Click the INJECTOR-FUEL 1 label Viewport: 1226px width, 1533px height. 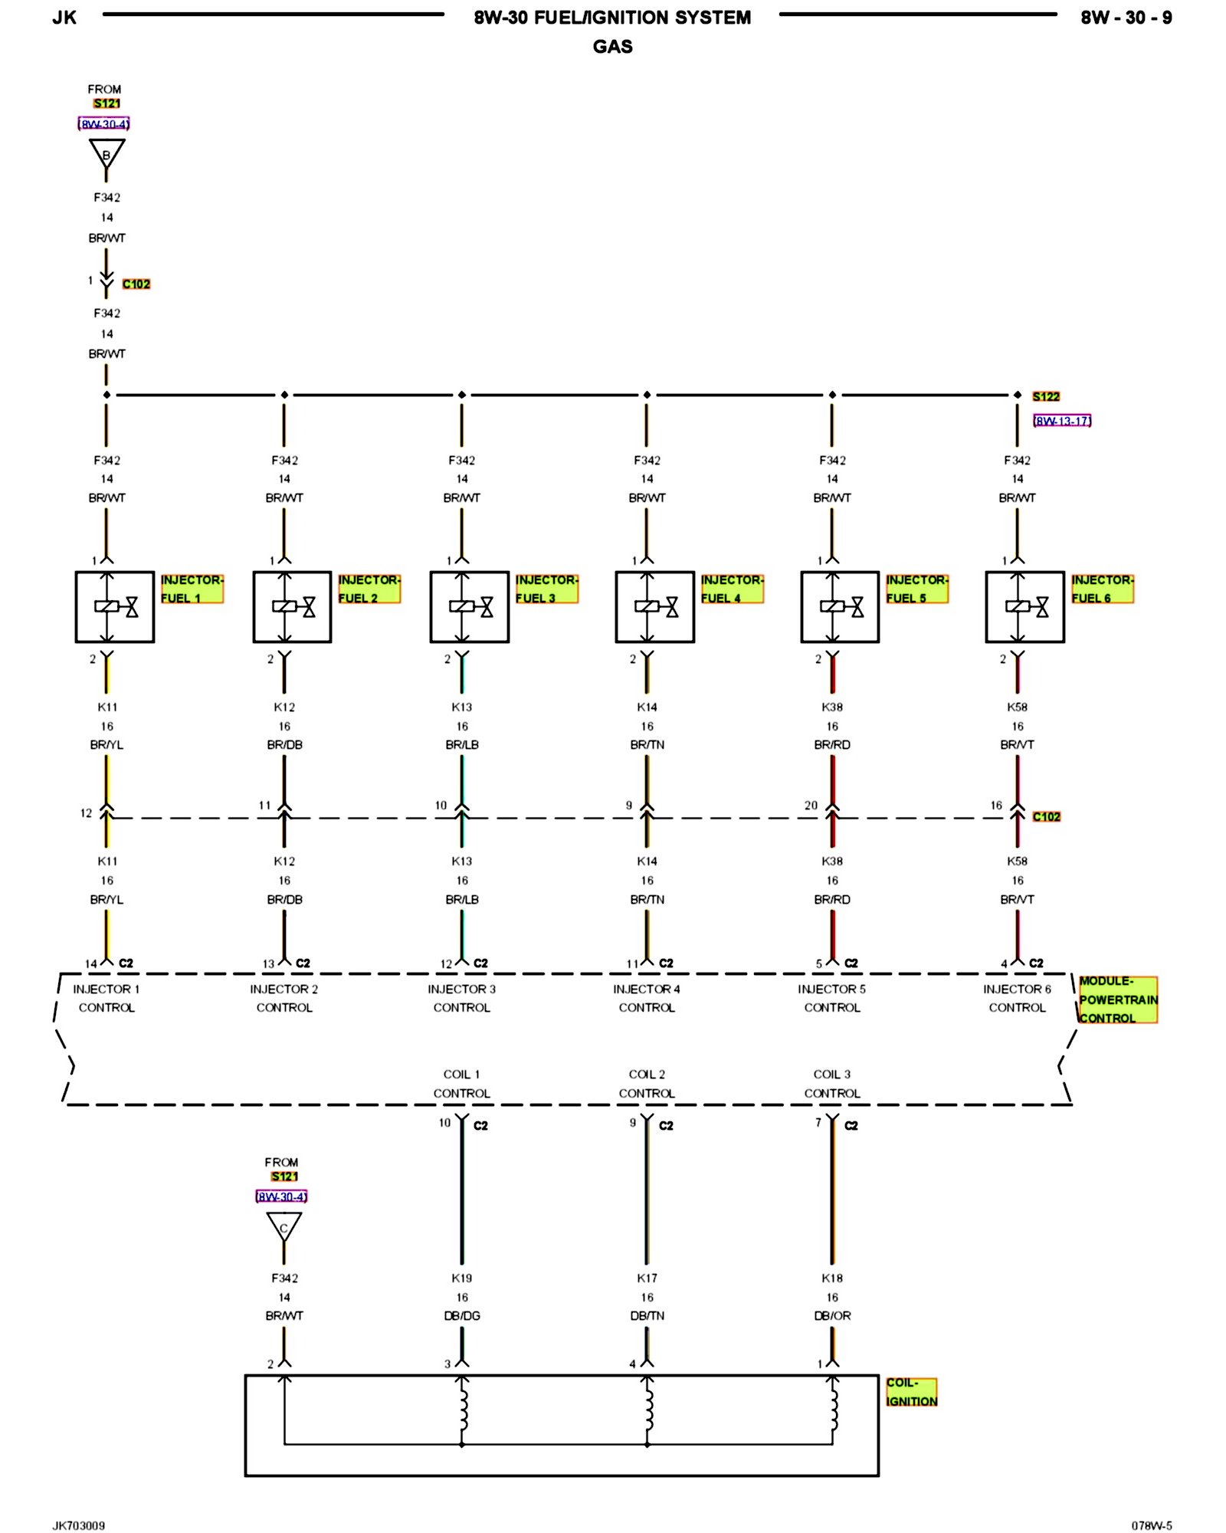point(192,588)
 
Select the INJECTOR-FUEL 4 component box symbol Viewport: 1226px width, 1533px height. point(654,606)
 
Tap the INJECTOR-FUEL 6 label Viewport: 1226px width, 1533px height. point(1102,588)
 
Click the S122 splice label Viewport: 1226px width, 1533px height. point(1045,396)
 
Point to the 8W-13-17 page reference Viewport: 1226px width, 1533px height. point(1062,421)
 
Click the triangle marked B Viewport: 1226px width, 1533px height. point(107,154)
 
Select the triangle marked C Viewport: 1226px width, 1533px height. point(284,1227)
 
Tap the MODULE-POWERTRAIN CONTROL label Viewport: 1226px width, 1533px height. point(1117,1000)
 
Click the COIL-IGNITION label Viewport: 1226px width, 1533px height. point(911,1392)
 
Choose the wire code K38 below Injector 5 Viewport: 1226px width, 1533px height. point(832,707)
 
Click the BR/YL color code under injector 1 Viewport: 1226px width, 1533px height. point(107,744)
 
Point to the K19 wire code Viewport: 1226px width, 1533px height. point(461,1278)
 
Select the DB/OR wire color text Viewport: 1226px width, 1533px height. point(832,1315)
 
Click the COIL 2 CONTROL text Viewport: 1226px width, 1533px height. point(647,1083)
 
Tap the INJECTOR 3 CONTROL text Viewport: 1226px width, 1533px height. point(461,998)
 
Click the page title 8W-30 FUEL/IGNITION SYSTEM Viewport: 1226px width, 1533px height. point(612,18)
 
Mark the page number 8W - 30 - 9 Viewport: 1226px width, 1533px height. point(1126,18)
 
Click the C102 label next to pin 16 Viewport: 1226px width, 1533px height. point(1046,816)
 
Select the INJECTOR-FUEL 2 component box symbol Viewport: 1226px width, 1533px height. point(292,606)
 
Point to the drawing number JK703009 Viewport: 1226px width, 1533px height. point(78,1525)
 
